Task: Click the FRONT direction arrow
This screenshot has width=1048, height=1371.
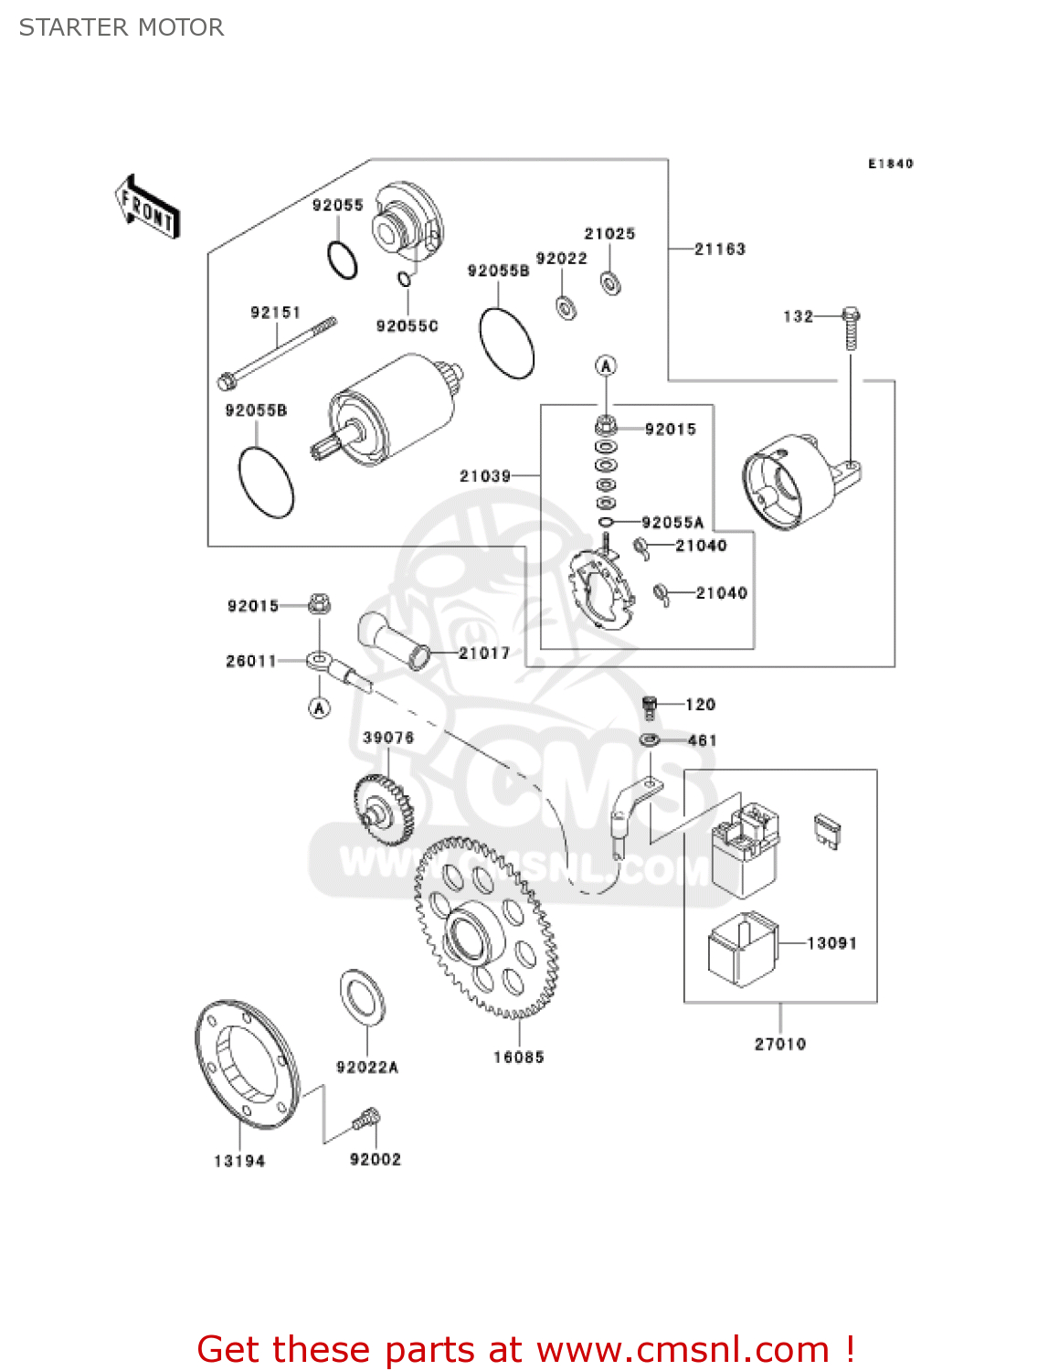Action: (147, 207)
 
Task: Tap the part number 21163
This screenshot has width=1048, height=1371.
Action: (719, 249)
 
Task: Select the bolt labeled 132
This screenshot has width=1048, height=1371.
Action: (850, 328)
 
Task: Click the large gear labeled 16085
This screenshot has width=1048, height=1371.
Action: (485, 927)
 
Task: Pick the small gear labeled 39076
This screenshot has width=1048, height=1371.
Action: (383, 808)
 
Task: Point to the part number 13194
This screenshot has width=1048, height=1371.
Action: (239, 1161)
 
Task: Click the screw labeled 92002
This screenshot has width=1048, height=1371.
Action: (366, 1119)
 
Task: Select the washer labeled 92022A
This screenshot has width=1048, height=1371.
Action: (363, 996)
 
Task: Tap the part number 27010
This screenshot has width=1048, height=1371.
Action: (779, 1044)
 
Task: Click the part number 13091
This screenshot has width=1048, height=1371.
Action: (831, 942)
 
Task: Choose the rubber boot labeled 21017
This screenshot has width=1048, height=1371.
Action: (394, 639)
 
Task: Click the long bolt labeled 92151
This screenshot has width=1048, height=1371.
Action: (277, 351)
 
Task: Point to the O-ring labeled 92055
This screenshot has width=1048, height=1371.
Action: (343, 260)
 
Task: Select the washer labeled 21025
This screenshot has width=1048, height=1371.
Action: (610, 282)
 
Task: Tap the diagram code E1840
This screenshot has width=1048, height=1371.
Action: (890, 164)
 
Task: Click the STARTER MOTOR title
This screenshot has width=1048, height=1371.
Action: (122, 27)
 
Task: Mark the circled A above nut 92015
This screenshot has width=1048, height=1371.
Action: (606, 366)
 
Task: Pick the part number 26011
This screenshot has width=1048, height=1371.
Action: (250, 661)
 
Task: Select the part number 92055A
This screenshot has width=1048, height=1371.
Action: (672, 523)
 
